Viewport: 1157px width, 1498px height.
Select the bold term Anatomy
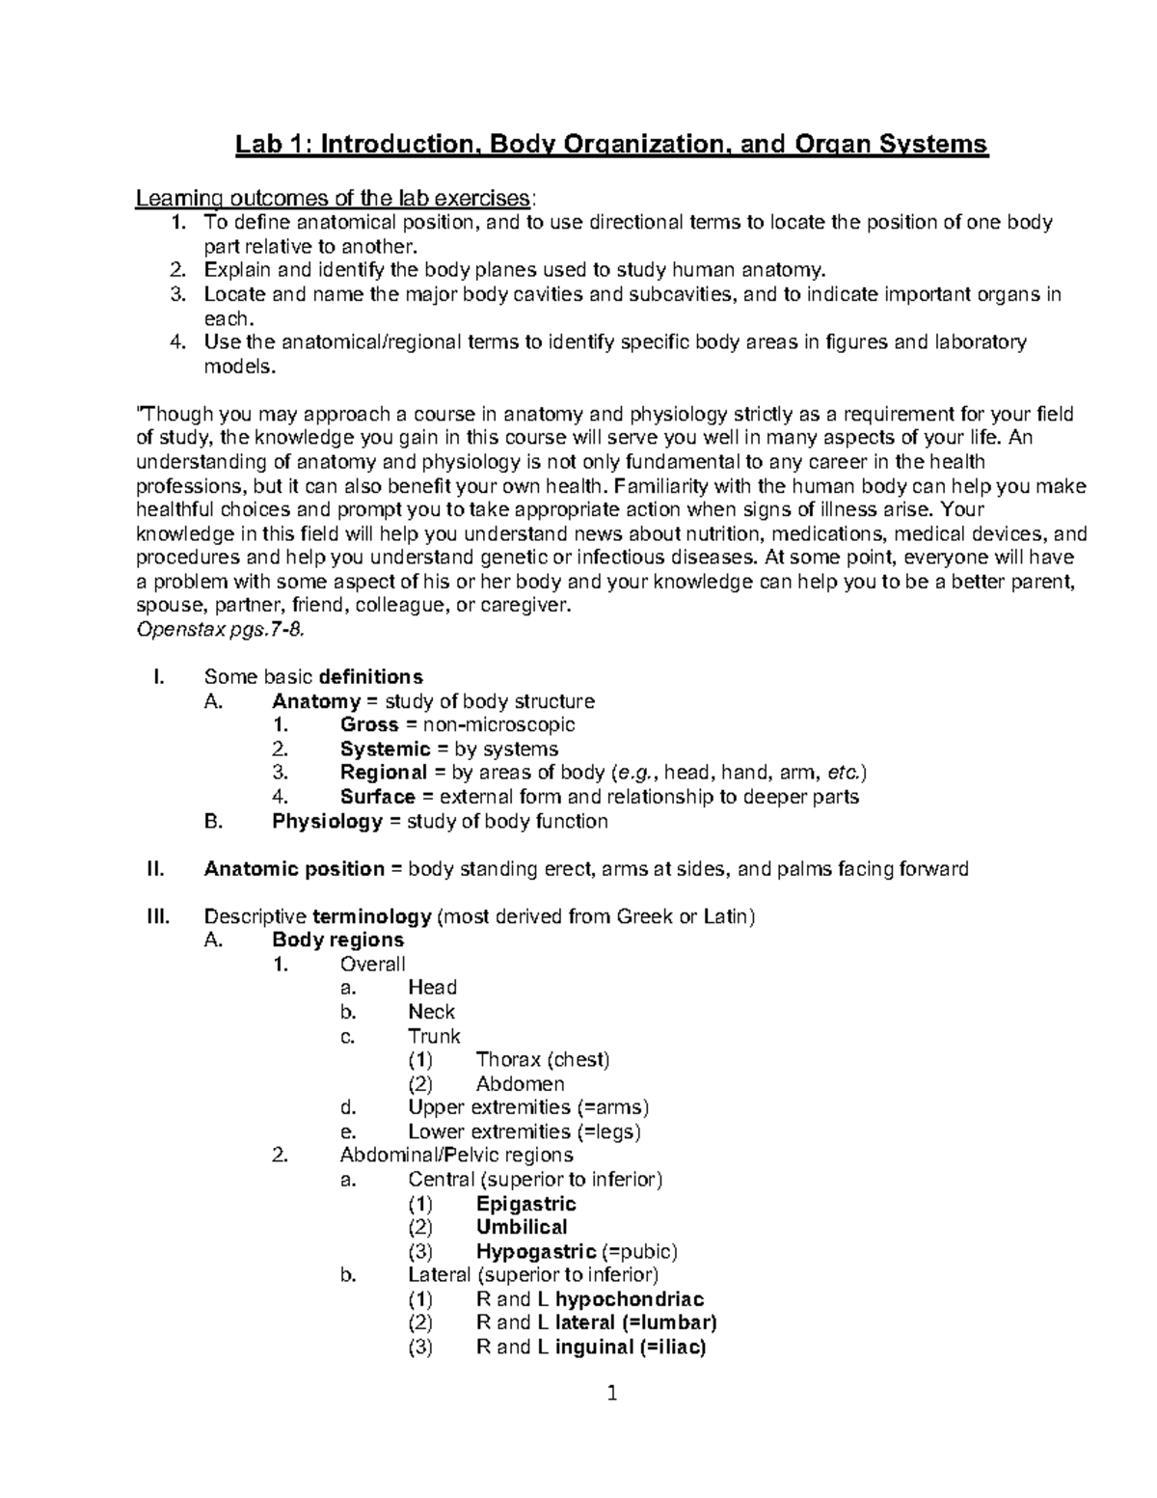316,701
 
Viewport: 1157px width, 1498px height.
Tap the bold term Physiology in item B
327,821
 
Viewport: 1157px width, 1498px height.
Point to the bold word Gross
369,724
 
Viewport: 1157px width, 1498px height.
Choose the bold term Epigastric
525,1204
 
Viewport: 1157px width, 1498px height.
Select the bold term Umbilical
522,1227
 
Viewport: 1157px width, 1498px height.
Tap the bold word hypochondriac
630,1299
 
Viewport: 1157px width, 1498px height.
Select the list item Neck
431,1012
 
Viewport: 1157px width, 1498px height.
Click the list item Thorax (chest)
543,1059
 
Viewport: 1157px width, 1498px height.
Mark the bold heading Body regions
337,940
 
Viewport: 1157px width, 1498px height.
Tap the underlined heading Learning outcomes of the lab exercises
333,199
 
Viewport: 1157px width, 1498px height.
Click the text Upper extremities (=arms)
528,1107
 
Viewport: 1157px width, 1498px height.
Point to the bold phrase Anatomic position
294,869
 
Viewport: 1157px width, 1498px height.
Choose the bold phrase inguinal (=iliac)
631,1348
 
